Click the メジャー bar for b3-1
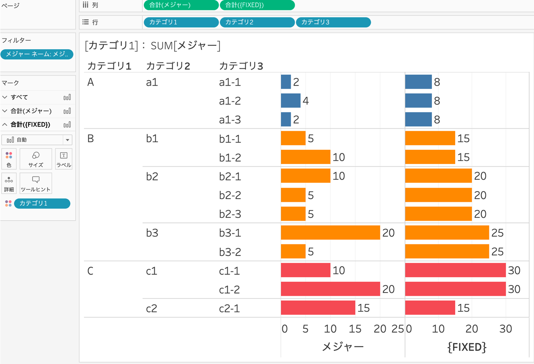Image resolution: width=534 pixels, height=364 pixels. pyautogui.click(x=330, y=233)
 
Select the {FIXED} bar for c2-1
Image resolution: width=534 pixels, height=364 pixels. pyautogui.click(x=430, y=308)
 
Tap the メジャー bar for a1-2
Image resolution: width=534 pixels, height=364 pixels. pyautogui.click(x=290, y=101)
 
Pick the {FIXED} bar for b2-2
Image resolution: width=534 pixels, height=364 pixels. pyautogui.click(x=438, y=195)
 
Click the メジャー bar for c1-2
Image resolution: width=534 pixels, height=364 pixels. pyautogui.click(x=330, y=289)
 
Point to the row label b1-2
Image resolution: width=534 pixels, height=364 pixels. pyautogui.click(x=230, y=157)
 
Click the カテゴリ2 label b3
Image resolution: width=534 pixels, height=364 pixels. pyautogui.click(x=152, y=233)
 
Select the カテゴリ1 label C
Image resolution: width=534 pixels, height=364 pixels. pyautogui.click(x=91, y=270)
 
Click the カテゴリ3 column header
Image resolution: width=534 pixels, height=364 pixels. pyautogui.click(x=241, y=66)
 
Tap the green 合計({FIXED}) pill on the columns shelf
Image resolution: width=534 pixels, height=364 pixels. pyautogui.click(x=257, y=5)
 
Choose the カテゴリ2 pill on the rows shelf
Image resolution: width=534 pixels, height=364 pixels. pyautogui.click(x=257, y=22)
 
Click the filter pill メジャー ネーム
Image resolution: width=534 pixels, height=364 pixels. pyautogui.click(x=37, y=54)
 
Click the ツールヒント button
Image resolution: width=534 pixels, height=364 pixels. pyautogui.click(x=36, y=183)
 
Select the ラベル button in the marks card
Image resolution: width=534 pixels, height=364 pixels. pyautogui.click(x=64, y=159)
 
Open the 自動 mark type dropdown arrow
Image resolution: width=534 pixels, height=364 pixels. pyautogui.click(x=67, y=140)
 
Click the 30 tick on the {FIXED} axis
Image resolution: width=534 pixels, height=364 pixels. pyautogui.click(x=506, y=329)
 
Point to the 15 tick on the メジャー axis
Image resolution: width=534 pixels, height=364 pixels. pyautogui.click(x=355, y=329)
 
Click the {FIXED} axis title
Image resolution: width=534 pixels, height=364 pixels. pyautogui.click(x=467, y=346)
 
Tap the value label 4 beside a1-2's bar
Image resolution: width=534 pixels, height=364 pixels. pyautogui.click(x=306, y=101)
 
